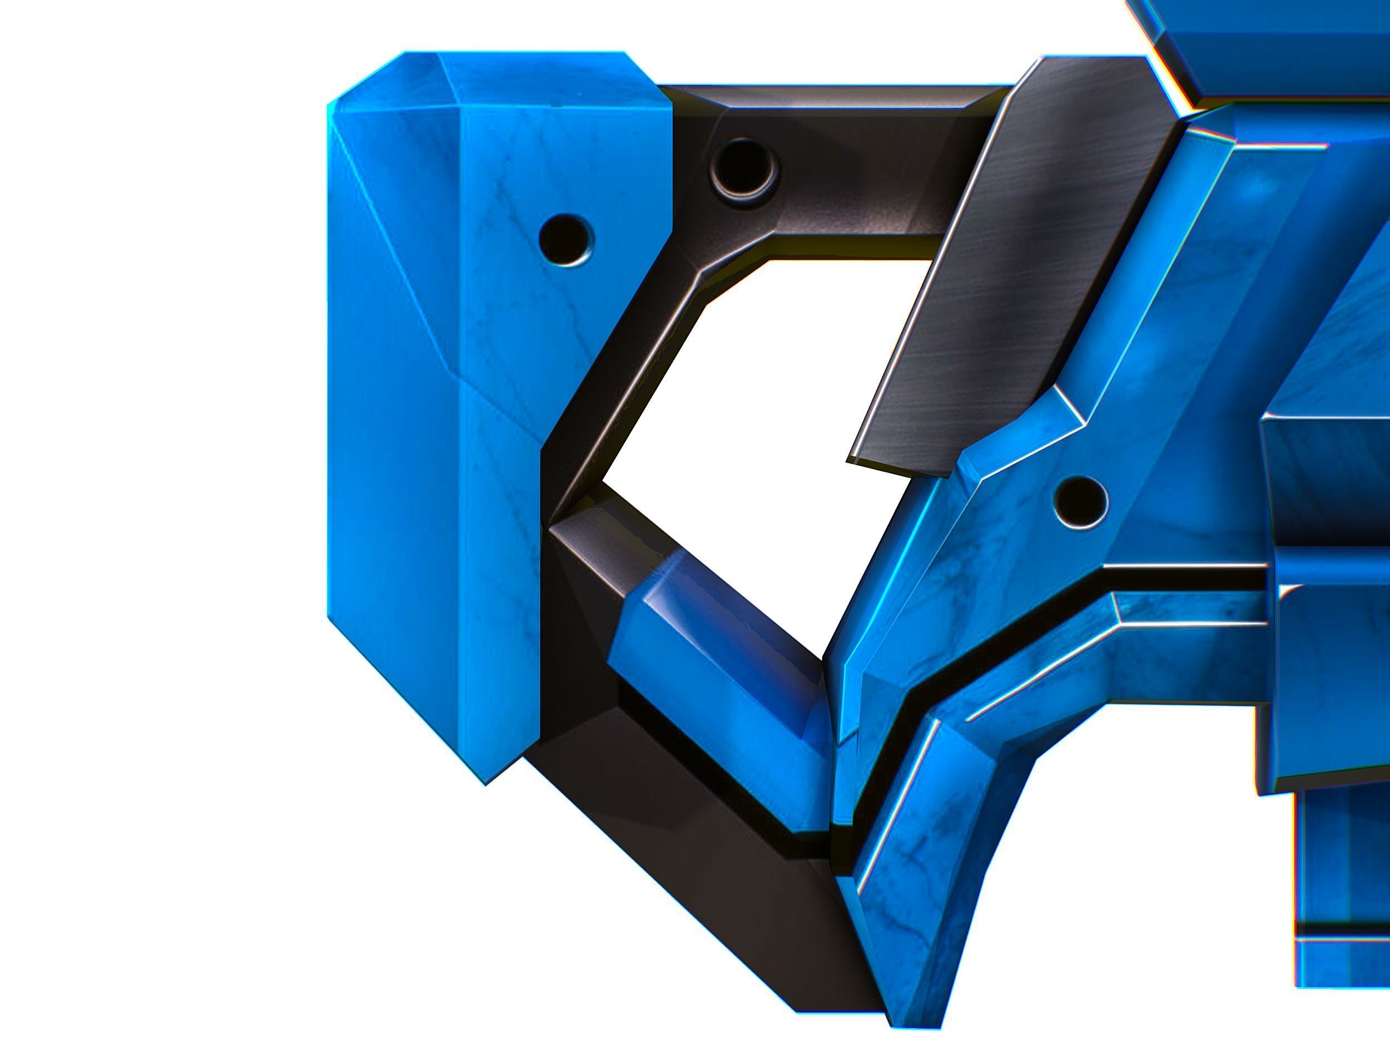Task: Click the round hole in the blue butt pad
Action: pyautogui.click(x=566, y=240)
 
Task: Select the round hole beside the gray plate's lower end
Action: pyautogui.click(x=1080, y=501)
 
